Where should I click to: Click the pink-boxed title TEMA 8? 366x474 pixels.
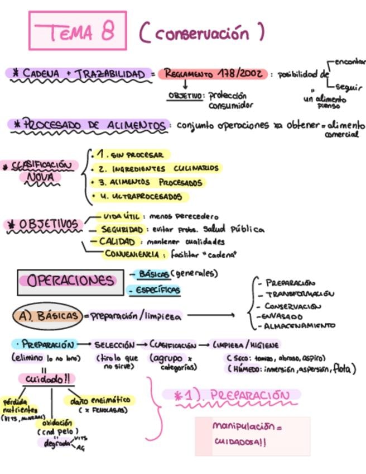pos(78,31)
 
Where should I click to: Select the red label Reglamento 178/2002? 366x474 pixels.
pos(213,74)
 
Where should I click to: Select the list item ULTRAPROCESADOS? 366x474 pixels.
pos(140,197)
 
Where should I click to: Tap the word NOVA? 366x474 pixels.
pos(44,178)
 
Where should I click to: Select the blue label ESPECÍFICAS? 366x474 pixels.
pos(153,290)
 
